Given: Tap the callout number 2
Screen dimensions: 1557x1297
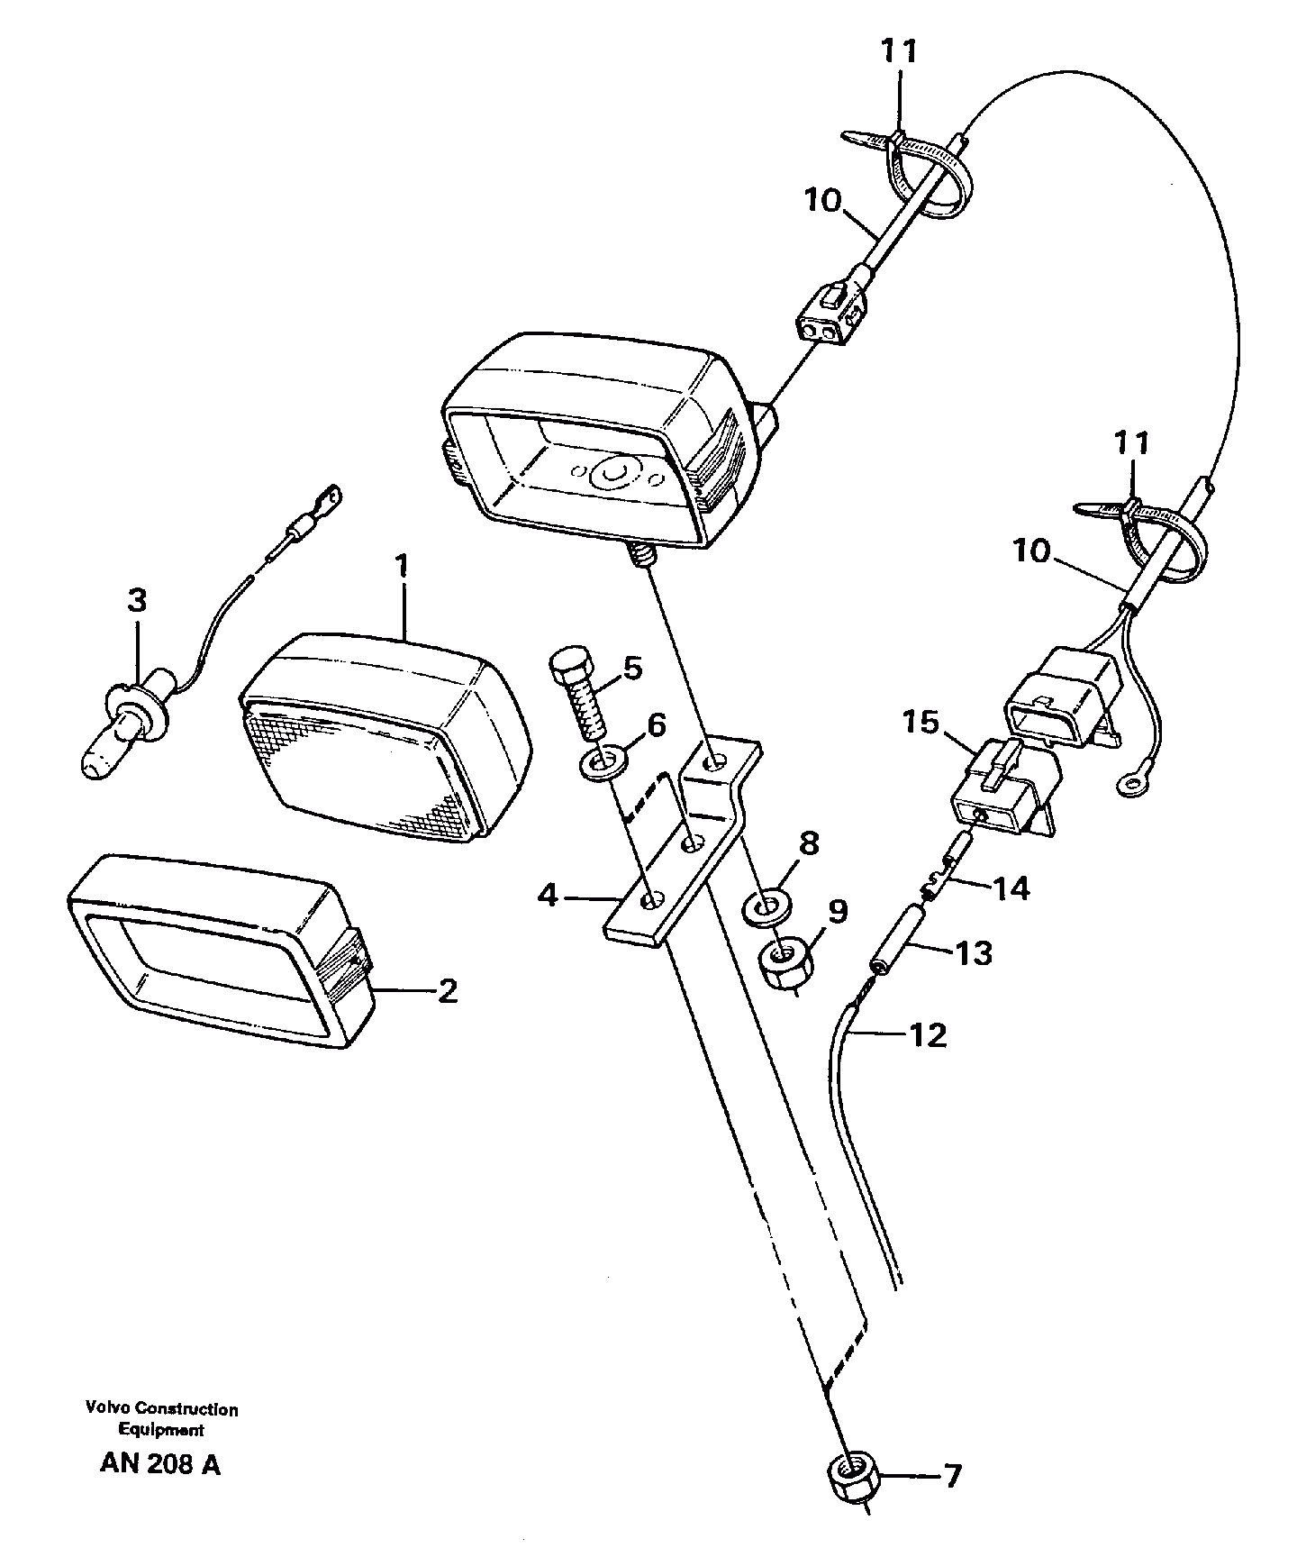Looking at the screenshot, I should (447, 992).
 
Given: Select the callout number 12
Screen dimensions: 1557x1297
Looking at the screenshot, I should (929, 1034).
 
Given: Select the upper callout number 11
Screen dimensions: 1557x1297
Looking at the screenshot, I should (899, 52).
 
